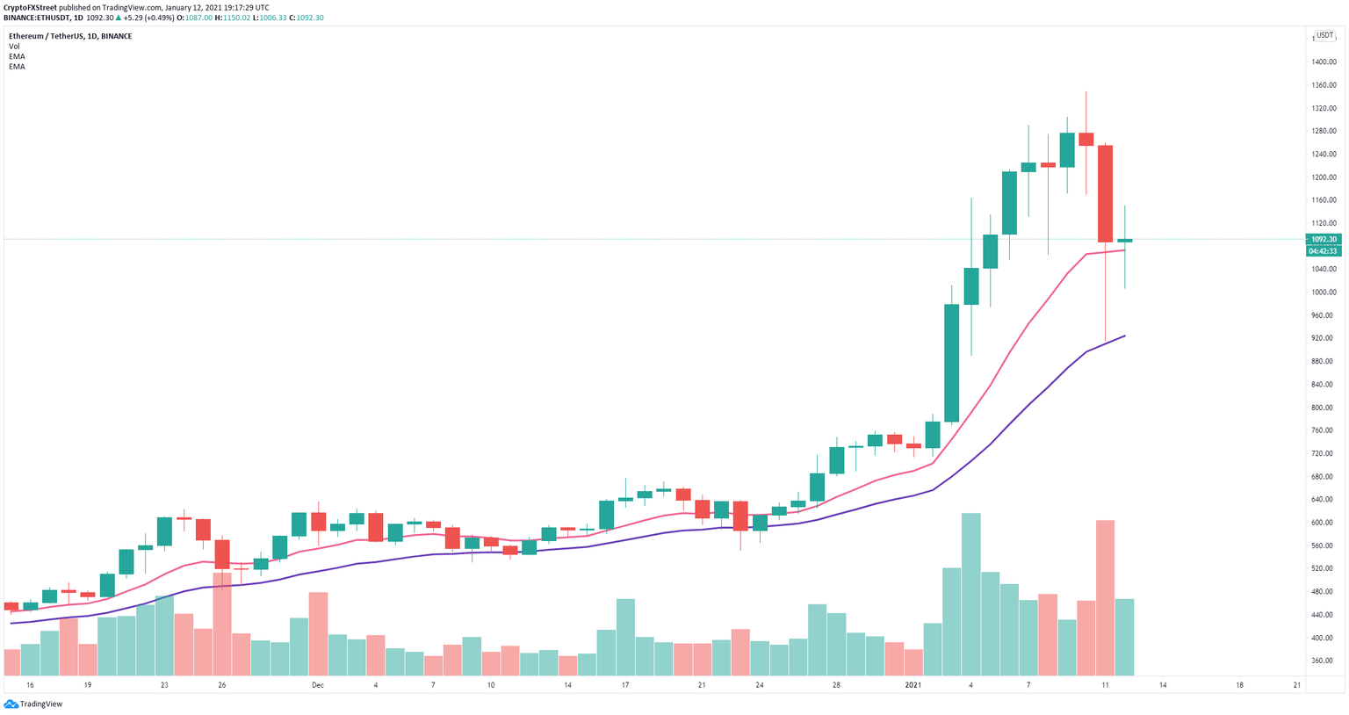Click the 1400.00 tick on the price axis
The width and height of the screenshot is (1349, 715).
[x=1324, y=62]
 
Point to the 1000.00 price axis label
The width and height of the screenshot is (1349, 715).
[x=1324, y=292]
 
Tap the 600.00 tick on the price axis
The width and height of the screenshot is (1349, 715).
[x=1324, y=523]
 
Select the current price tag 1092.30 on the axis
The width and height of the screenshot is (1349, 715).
[x=1324, y=239]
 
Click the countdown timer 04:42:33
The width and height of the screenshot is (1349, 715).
[x=1324, y=251]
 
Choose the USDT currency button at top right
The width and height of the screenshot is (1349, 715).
[x=1324, y=35]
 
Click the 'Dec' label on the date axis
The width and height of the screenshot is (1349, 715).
[x=317, y=685]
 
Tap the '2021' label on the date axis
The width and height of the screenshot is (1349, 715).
[x=913, y=685]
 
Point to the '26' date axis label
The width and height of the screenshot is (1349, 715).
[x=222, y=685]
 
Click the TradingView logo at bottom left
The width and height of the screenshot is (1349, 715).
[x=35, y=704]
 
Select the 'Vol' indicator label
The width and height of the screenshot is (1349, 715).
[x=14, y=47]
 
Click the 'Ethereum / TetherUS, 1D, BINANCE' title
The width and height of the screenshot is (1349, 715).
[x=70, y=36]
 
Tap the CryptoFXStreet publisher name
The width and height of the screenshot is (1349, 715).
[x=31, y=7]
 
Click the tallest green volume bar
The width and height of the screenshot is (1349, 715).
[x=970, y=594]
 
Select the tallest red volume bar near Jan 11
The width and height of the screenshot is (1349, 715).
[x=1105, y=597]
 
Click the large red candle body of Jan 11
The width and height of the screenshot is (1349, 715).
[x=1105, y=193]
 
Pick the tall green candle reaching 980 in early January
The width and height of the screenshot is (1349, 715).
[x=951, y=363]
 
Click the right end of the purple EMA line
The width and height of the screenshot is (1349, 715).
[x=1125, y=336]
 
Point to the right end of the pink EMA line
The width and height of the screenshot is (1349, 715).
[x=1125, y=250]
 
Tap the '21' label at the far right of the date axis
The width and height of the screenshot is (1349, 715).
[x=1297, y=685]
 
